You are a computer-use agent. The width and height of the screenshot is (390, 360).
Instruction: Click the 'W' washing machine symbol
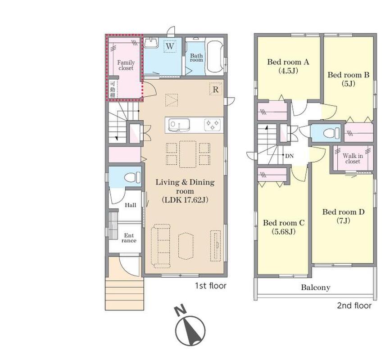pos(170,46)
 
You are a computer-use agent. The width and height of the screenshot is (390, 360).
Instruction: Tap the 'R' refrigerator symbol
pos(216,90)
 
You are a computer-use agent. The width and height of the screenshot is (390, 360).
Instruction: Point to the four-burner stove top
pos(212,125)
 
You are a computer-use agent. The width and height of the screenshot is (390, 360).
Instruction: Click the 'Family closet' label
pos(126,65)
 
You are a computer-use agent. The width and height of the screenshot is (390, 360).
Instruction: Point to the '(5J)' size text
pos(349,84)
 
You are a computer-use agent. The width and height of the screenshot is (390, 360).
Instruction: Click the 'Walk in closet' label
pos(353,158)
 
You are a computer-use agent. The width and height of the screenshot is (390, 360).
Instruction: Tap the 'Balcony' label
pos(316,288)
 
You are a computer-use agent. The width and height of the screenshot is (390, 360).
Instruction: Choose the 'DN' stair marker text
pos(289,156)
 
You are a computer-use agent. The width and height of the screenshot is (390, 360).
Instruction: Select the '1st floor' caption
pos(210,286)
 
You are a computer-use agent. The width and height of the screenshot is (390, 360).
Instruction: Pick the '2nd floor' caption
pos(354,306)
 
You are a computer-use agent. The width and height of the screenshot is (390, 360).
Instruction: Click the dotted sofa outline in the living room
pos(161,246)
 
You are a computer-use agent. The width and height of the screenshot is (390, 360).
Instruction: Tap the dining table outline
pos(188,154)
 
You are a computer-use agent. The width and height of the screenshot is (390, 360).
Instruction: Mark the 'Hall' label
pos(131,205)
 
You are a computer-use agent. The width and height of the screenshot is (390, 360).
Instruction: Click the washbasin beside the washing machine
pos(151,42)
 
